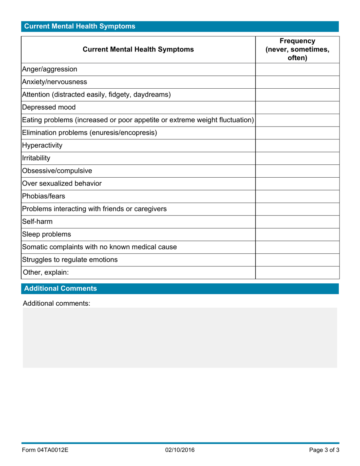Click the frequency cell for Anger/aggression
coord(297,69)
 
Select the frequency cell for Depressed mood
coord(297,107)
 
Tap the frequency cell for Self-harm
coord(297,222)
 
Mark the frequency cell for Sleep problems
coord(297,235)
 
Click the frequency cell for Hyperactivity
coord(297,145)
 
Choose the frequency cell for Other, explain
coord(297,272)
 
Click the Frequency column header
coord(297,49)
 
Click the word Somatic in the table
coord(35,247)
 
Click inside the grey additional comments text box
coord(180,337)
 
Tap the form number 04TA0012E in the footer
coord(45,450)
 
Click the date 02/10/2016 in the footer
coord(180,450)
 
